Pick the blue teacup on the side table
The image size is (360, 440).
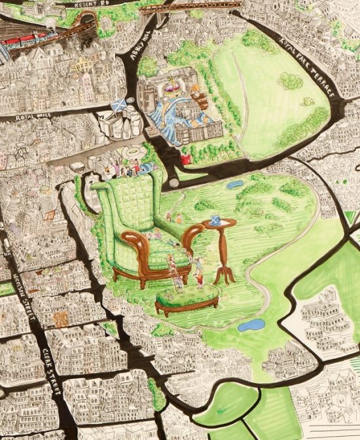pyautogui.click(x=215, y=219)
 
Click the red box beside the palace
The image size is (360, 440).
pyautogui.click(x=186, y=158)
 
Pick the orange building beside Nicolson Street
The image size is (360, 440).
pyautogui.click(x=60, y=320)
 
